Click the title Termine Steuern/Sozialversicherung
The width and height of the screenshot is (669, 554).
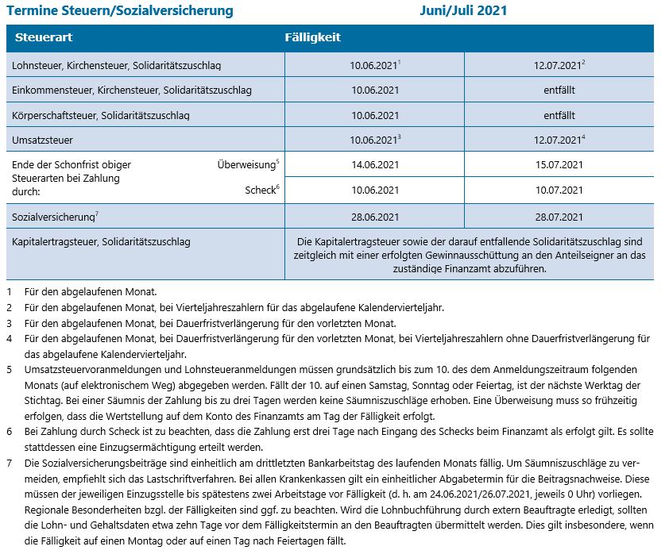tap(120, 11)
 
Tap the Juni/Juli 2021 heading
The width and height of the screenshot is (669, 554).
tap(463, 11)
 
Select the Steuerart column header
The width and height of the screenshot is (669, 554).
tap(39, 38)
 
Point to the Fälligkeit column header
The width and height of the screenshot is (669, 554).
tap(313, 38)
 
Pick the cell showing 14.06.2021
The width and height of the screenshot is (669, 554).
tap(374, 165)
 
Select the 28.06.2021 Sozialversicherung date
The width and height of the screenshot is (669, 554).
tap(374, 216)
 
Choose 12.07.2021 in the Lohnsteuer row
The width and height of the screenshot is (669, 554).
tap(559, 64)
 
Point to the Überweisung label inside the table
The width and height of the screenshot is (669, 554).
tap(246, 165)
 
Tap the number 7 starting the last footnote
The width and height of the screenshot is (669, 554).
tap(9, 462)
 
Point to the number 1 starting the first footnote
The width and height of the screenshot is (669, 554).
tap(9, 292)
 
